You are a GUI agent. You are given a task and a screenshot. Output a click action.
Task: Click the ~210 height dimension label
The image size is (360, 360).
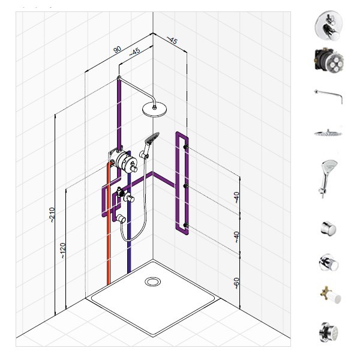pyautogui.click(x=53, y=215)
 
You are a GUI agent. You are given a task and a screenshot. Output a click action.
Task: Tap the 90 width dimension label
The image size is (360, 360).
pyautogui.click(x=117, y=49)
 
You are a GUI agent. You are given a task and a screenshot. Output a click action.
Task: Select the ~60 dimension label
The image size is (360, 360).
pyautogui.click(x=236, y=283)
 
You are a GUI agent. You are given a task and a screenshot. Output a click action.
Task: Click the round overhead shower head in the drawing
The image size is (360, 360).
pyautogui.click(x=155, y=110)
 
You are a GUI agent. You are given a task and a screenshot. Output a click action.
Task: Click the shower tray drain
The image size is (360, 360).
pyautogui.click(x=152, y=281)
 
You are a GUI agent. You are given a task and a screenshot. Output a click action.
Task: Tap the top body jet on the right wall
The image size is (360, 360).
pyautogui.click(x=185, y=147)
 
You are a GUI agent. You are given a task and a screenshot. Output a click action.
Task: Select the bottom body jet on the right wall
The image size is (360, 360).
pyautogui.click(x=185, y=225)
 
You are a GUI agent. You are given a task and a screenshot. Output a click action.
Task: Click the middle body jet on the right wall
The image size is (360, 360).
pyautogui.click(x=185, y=186)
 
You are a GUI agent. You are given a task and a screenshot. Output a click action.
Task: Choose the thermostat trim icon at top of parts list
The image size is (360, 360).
pyautogui.click(x=329, y=25)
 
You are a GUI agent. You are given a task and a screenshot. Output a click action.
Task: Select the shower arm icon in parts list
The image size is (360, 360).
pyautogui.click(x=328, y=96)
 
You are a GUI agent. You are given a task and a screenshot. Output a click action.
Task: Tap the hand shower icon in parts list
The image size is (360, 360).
pyautogui.click(x=328, y=178)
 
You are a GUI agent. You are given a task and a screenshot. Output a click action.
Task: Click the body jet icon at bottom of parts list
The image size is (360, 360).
pyautogui.click(x=328, y=332)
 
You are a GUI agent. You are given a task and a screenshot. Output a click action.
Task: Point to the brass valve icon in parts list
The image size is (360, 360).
pyautogui.click(x=331, y=295)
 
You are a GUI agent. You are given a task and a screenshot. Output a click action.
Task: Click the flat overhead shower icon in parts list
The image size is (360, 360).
pyautogui.click(x=329, y=133)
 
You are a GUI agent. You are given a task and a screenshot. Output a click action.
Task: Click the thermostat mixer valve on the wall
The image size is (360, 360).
pyautogui.click(x=124, y=160)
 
